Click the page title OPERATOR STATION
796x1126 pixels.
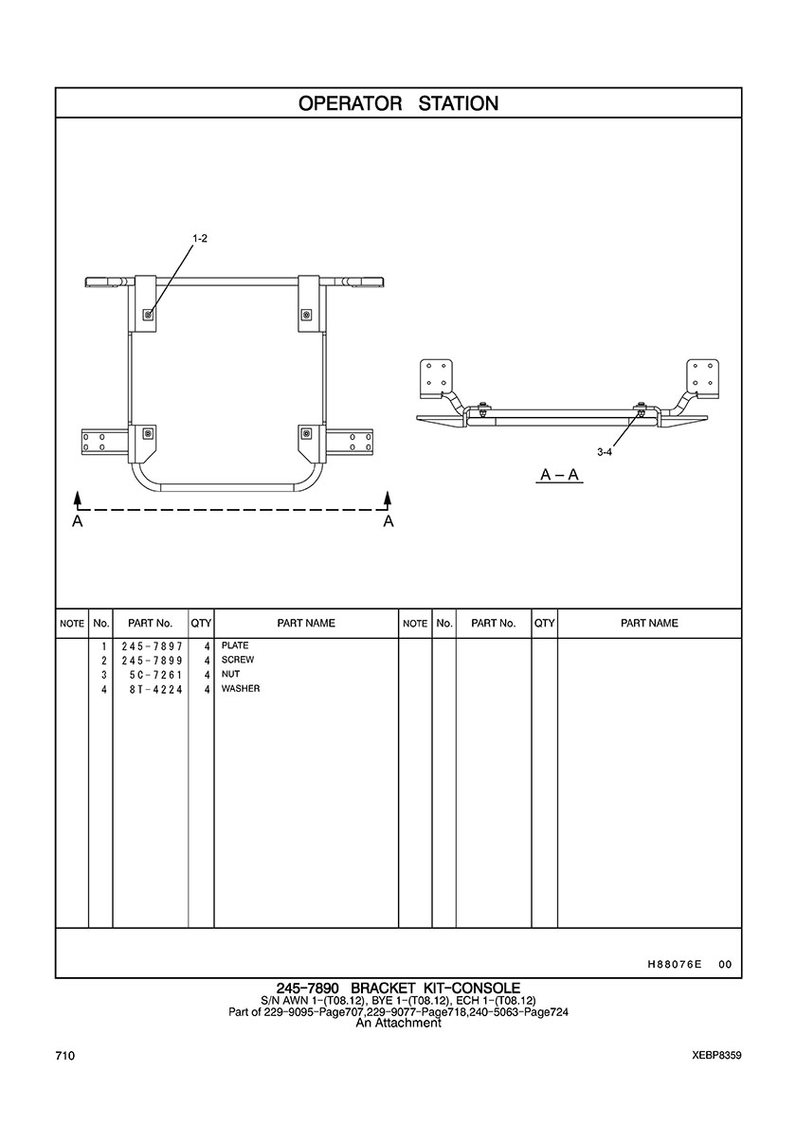(398, 103)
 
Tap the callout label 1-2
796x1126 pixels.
(200, 239)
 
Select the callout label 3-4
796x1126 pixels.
(605, 452)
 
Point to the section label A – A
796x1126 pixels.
(560, 475)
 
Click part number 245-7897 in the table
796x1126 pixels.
(153, 646)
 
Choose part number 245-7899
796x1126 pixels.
(153, 661)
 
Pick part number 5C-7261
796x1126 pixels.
(156, 675)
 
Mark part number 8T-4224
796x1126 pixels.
(156, 689)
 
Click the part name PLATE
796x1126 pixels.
(235, 645)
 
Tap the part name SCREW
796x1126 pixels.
(238, 660)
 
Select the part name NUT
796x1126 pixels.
(231, 674)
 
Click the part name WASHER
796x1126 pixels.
(241, 689)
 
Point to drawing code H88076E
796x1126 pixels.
(674, 965)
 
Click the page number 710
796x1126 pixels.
(64, 1056)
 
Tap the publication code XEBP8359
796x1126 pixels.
(717, 1056)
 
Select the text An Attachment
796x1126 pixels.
(398, 1023)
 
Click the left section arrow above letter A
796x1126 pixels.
(79, 500)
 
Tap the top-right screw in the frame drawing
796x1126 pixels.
(306, 315)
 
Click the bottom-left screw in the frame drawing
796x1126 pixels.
(147, 433)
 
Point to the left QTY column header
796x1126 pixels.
(201, 624)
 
